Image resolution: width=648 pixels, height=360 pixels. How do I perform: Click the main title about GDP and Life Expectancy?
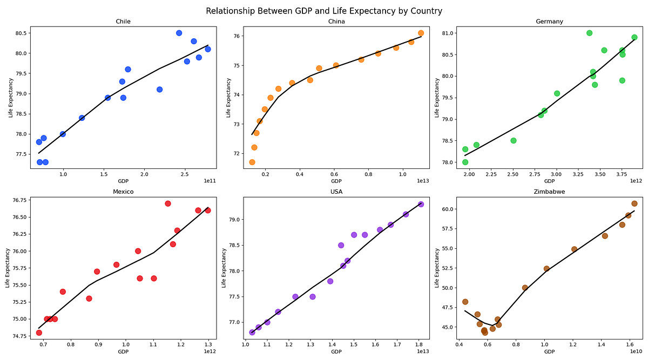point(324,11)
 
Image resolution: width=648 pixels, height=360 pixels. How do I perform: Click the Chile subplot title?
point(123,22)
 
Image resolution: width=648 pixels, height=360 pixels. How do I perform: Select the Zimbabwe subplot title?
point(549,191)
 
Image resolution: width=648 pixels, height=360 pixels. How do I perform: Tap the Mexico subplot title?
point(123,191)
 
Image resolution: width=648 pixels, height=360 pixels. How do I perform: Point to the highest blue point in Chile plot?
point(179,33)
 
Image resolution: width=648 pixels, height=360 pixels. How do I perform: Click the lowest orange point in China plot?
point(252,162)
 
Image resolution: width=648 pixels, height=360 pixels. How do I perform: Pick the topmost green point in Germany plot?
point(589,33)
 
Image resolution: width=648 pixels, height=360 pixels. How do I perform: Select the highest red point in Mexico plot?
point(168,203)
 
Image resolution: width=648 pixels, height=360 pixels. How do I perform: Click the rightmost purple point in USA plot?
point(421,204)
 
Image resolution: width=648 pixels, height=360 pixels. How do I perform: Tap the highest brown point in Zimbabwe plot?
point(634,203)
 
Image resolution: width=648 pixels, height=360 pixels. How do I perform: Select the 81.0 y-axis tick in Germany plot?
point(447,33)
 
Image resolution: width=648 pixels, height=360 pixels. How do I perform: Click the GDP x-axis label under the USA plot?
point(336,352)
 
